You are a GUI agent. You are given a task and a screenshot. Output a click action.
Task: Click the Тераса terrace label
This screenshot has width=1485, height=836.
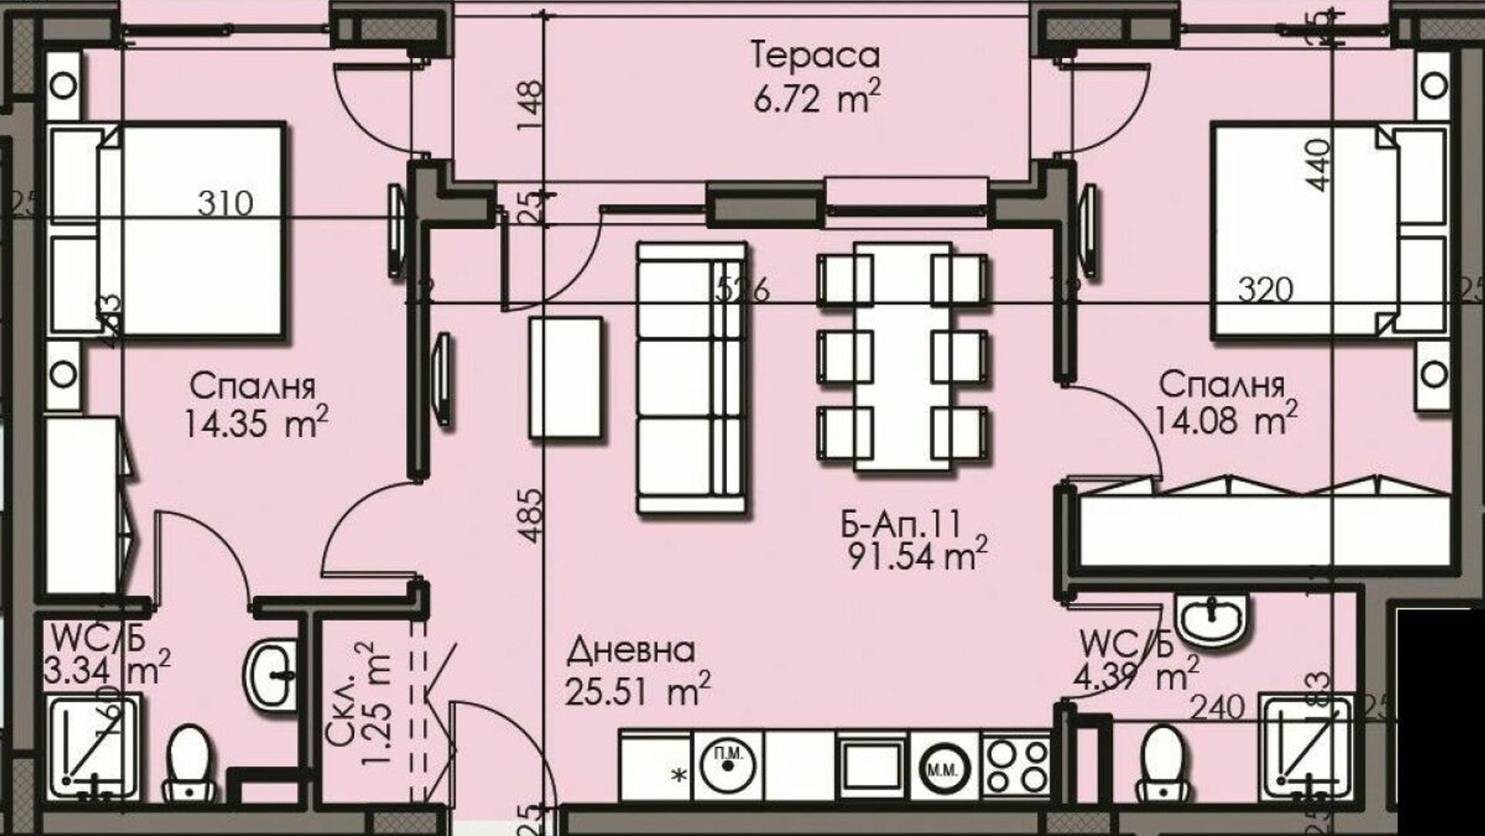(x=815, y=56)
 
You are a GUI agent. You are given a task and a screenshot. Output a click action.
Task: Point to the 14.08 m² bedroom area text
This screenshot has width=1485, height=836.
(x=1226, y=420)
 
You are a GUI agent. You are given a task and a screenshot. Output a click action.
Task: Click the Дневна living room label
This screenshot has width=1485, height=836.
(x=631, y=651)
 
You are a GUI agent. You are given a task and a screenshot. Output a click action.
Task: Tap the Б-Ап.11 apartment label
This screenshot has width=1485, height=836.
(x=900, y=526)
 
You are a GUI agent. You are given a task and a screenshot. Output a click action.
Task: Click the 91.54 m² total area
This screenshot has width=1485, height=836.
(x=917, y=556)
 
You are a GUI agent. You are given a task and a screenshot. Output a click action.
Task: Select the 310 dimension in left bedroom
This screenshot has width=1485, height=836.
(x=225, y=204)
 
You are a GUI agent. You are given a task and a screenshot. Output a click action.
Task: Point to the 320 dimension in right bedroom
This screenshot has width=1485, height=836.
(x=1265, y=290)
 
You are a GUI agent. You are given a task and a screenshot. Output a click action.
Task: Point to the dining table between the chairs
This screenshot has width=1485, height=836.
(x=903, y=356)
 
